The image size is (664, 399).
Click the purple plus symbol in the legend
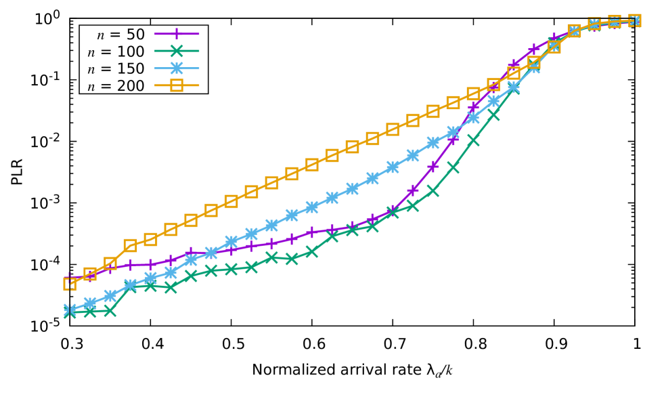(x=177, y=33)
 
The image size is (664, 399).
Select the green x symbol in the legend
(x=177, y=51)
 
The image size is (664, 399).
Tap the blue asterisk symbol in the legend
(x=177, y=68)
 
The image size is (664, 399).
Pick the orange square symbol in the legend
(x=177, y=85)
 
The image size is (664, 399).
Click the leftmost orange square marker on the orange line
(x=70, y=284)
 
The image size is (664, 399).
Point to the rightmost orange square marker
(x=634, y=20)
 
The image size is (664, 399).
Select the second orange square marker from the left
(x=90, y=274)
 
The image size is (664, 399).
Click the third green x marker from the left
(x=110, y=311)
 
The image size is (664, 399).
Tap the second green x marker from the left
(x=90, y=312)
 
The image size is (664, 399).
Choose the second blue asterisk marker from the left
(x=90, y=303)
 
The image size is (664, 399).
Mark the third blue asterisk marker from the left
(x=110, y=295)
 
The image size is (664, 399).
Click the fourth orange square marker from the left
(x=131, y=245)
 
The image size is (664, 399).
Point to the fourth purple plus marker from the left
(x=131, y=264)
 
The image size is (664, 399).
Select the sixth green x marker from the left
(x=171, y=287)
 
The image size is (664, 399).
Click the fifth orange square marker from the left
(x=150, y=239)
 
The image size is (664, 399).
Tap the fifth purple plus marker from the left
(x=150, y=264)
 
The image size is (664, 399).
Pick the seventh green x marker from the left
(x=191, y=275)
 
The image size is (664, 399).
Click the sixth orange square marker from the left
(x=171, y=229)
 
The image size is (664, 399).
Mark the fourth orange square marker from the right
(x=574, y=30)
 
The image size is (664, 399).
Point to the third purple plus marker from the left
(x=110, y=268)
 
